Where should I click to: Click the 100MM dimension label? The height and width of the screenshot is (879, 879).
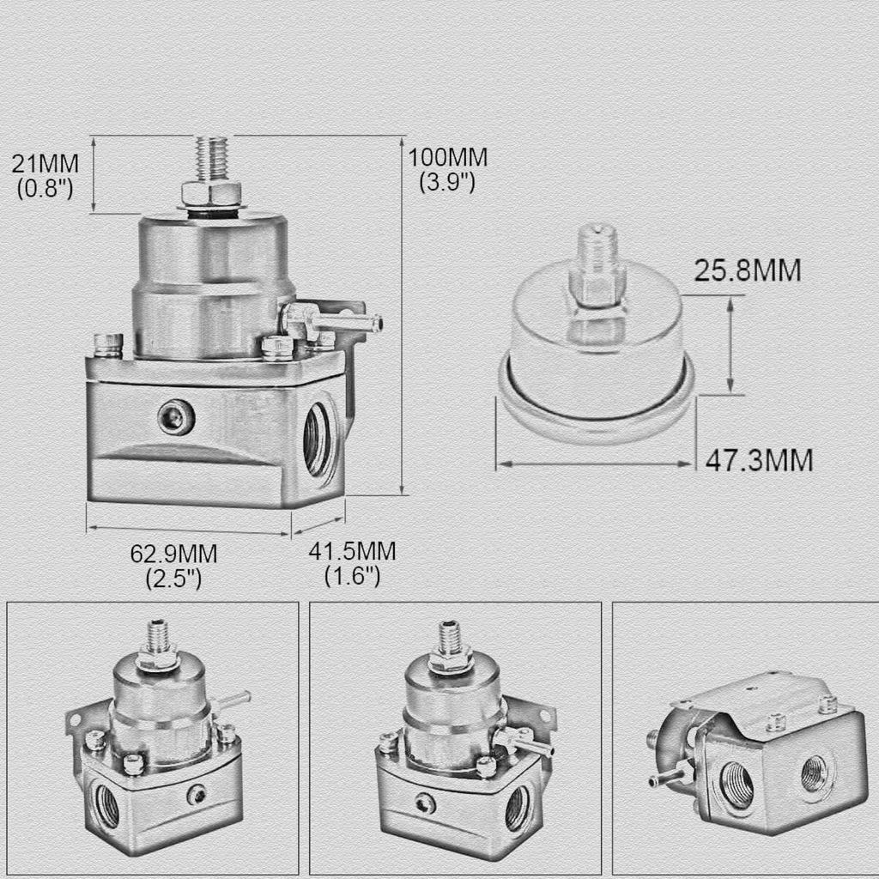(447, 158)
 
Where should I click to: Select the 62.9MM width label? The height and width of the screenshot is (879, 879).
(174, 554)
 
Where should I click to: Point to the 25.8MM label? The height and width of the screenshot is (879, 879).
(747, 271)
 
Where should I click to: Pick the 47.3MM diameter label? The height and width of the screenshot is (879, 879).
(758, 460)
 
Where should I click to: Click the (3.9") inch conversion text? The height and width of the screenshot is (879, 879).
(446, 182)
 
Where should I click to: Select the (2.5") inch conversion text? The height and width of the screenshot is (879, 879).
(174, 579)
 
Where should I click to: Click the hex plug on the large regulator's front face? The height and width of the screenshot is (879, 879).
(175, 417)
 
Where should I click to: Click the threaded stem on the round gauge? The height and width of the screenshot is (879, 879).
(597, 258)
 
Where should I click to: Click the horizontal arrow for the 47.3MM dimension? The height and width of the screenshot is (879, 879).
(595, 464)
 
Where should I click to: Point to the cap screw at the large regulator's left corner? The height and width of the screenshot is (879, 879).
(108, 344)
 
